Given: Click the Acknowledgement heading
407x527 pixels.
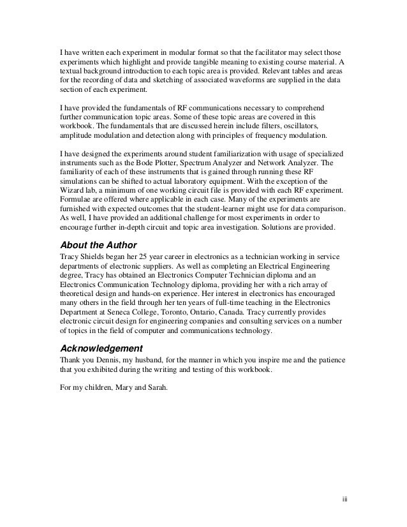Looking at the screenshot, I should [x=101, y=348].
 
